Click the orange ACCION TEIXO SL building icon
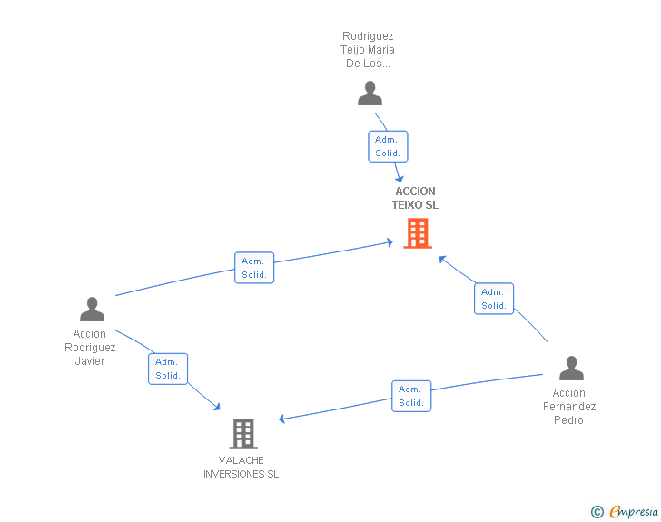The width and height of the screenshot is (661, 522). click(417, 233)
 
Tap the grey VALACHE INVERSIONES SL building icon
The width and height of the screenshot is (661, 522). click(243, 434)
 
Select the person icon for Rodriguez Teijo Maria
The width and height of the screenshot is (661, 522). click(370, 94)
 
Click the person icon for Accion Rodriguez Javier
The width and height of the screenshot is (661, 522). click(92, 310)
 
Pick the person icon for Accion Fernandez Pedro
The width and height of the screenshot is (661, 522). click(571, 369)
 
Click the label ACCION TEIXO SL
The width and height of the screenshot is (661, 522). click(416, 198)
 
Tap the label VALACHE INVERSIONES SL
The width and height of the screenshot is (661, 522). click(242, 467)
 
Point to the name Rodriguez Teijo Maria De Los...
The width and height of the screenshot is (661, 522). click(369, 50)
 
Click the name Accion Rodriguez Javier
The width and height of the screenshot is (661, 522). click(90, 348)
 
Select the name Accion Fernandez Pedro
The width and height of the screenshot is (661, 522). click(569, 407)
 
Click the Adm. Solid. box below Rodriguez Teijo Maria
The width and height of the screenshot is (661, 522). click(388, 146)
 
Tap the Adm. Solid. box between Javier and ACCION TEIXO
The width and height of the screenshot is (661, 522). click(254, 268)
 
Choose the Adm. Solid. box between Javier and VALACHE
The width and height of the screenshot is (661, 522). click(168, 369)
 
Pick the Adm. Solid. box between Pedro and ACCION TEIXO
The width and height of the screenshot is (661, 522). click(494, 299)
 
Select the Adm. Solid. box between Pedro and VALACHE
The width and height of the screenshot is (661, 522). click(411, 396)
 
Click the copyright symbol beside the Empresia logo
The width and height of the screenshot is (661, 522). click(597, 512)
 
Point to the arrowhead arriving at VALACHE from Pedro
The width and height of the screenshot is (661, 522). click(283, 419)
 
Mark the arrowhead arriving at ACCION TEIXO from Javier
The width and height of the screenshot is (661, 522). click(389, 242)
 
